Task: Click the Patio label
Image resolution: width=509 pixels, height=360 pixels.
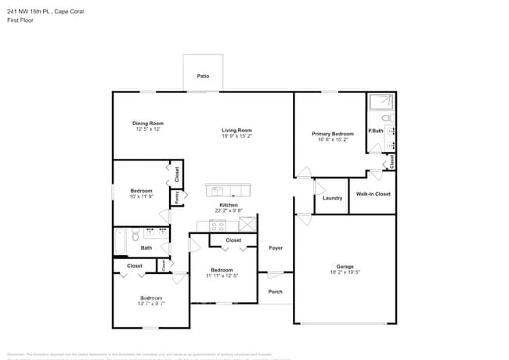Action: (203, 77)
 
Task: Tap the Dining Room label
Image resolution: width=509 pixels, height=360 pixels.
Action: (148, 123)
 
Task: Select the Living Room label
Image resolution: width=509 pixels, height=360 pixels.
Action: (236, 130)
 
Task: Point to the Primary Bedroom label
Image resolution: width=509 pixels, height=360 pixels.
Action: (333, 134)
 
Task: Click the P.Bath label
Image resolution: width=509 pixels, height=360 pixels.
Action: (376, 131)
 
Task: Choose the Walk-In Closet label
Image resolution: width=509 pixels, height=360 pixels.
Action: (373, 193)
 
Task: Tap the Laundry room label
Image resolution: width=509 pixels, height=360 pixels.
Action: (332, 198)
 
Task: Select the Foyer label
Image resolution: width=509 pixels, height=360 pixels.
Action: (276, 248)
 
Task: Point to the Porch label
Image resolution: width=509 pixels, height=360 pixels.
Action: (276, 292)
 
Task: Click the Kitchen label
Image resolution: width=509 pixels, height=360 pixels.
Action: (229, 205)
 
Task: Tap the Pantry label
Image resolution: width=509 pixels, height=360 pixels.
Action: (177, 198)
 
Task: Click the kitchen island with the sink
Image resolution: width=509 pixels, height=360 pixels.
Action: (228, 190)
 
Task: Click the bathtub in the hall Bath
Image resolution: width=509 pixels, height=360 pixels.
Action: (120, 243)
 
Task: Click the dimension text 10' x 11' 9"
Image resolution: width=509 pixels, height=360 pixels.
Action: (141, 197)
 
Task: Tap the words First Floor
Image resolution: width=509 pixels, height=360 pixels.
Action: (22, 20)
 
